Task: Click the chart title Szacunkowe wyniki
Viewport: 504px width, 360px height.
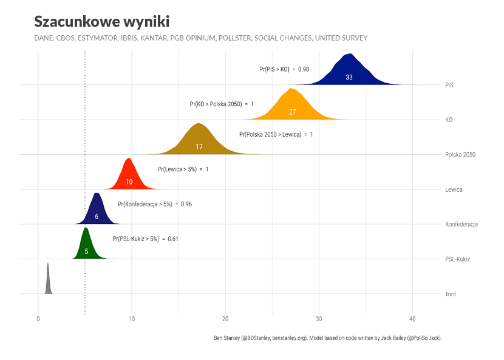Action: pos(101,21)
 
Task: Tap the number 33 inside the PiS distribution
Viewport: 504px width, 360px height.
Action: pos(349,78)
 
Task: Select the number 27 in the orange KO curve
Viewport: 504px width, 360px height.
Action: pos(292,112)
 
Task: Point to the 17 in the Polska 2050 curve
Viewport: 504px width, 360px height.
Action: pos(199,147)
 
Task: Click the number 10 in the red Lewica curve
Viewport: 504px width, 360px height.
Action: pos(129,182)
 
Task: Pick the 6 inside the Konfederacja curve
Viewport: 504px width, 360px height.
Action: pos(96,217)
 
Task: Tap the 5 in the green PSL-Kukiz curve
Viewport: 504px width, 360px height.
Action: pos(86,251)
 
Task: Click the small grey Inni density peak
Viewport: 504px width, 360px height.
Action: pos(48,282)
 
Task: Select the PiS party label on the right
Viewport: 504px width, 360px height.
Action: pos(449,85)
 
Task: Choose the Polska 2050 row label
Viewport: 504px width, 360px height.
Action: pos(460,155)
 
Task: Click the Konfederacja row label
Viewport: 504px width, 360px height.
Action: pos(461,225)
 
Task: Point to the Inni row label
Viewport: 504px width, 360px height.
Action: pos(451,294)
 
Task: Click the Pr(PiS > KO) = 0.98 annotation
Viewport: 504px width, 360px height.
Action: pos(284,69)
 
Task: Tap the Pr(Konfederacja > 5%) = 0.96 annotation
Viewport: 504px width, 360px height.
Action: pos(155,204)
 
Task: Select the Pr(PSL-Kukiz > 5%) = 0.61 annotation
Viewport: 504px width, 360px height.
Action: pos(145,239)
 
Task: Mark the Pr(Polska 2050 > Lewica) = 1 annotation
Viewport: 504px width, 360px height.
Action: pos(276,134)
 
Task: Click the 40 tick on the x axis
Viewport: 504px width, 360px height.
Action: pos(412,319)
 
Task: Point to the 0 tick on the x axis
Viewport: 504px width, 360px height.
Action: pos(38,319)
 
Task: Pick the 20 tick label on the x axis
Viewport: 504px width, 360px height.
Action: pos(225,319)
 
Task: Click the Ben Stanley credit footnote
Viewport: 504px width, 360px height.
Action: pos(327,338)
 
